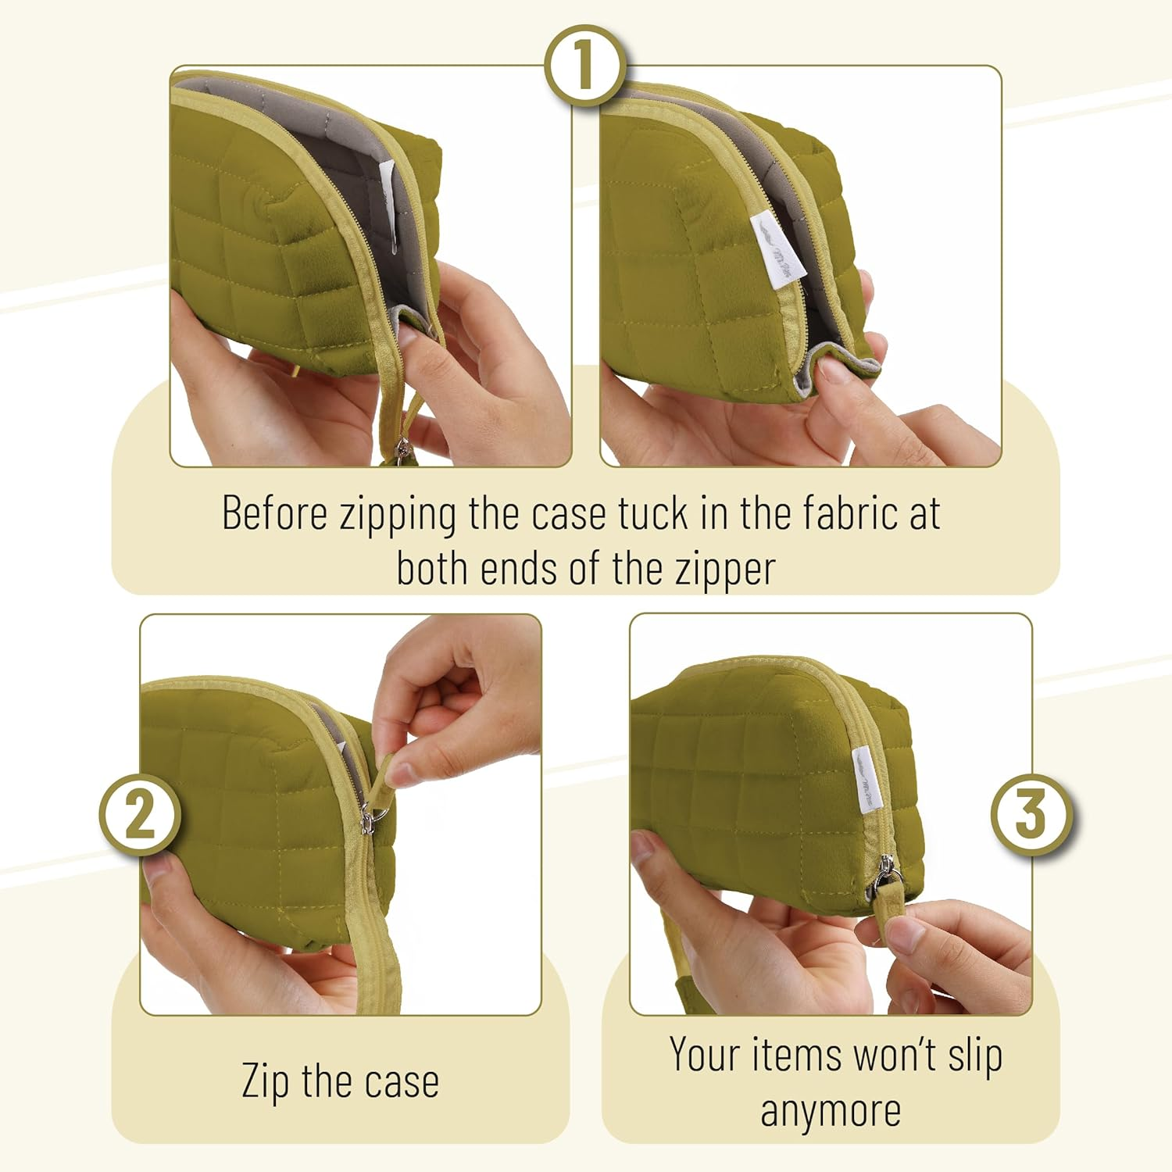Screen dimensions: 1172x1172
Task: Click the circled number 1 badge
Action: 585,66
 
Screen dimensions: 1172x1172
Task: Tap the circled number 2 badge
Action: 141,815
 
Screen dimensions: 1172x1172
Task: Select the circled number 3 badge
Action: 1031,815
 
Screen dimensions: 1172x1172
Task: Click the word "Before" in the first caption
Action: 274,513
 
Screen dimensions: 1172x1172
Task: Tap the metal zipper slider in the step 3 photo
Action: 888,874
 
